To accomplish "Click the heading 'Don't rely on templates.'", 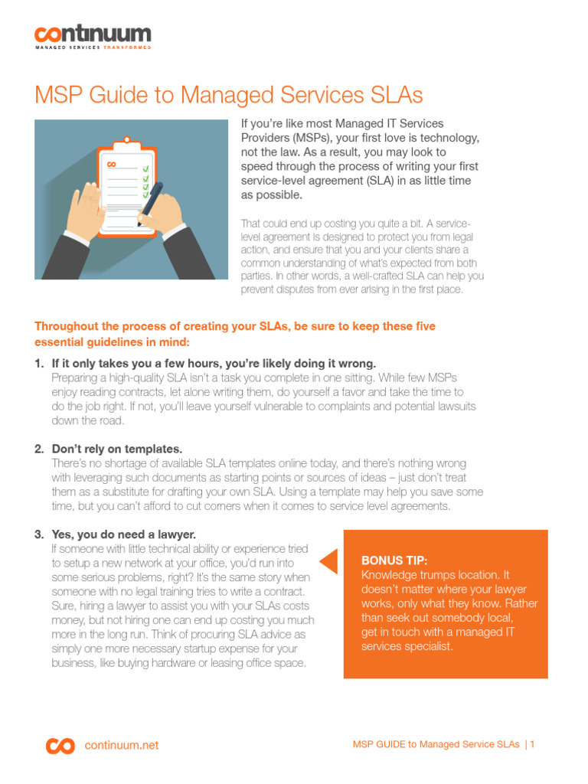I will pos(117,449).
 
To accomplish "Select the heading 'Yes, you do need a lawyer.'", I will pos(122,534).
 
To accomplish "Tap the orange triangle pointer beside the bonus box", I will pos(328,561).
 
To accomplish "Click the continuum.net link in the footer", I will pos(122,745).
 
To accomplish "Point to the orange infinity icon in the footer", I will pos(60,745).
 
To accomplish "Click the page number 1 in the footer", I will pos(532,744).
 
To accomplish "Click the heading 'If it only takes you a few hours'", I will pos(214,363).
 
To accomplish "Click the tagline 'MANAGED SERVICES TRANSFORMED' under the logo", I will pos(93,47).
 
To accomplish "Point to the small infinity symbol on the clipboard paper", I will pos(112,164).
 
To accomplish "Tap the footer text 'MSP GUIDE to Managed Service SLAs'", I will pos(436,744).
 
